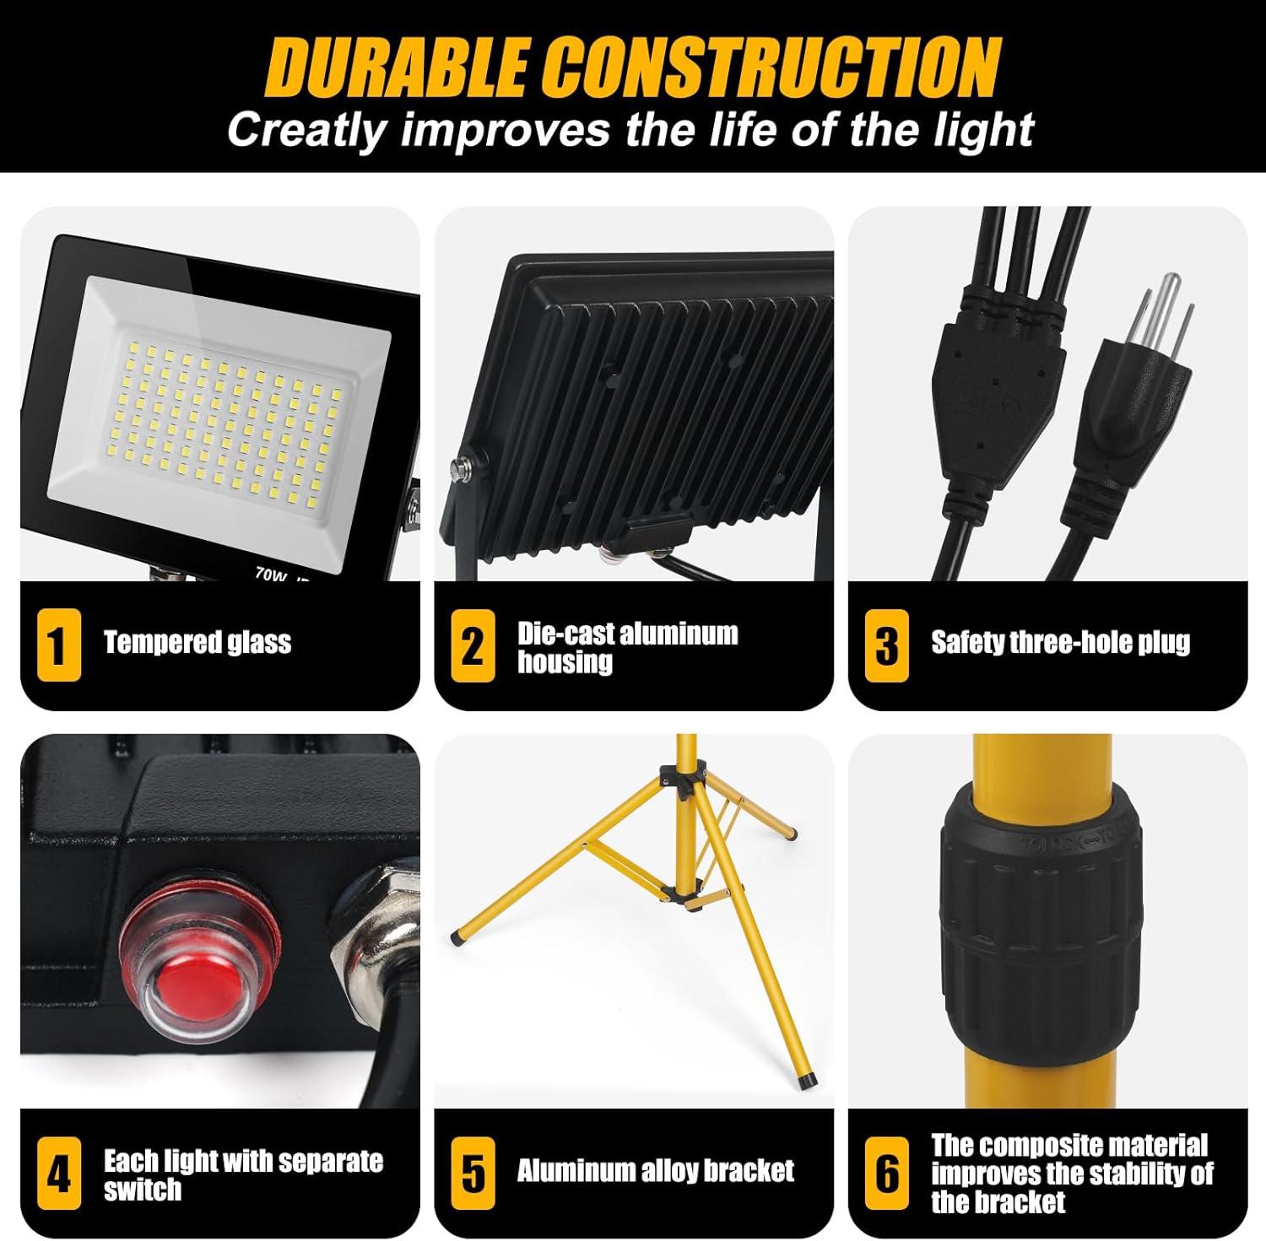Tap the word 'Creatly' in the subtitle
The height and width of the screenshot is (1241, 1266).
pyautogui.click(x=306, y=131)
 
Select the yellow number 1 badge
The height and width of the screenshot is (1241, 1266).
pyautogui.click(x=58, y=645)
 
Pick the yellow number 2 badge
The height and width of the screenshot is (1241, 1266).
pyautogui.click(x=473, y=645)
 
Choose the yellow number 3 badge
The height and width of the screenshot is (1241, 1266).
pyautogui.click(x=886, y=645)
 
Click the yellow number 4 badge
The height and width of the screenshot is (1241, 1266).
pyautogui.click(x=58, y=1174)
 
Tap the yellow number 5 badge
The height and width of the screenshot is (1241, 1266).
pyautogui.click(x=473, y=1174)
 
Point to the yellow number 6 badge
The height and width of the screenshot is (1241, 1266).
pyautogui.click(x=886, y=1174)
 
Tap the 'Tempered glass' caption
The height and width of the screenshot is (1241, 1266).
pyautogui.click(x=197, y=643)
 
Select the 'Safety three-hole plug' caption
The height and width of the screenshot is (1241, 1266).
pyautogui.click(x=1060, y=643)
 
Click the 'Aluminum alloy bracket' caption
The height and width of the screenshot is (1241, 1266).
pyautogui.click(x=655, y=1171)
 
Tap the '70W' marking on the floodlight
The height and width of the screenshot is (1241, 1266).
pyautogui.click(x=270, y=573)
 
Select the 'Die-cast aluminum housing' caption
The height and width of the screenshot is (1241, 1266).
pyautogui.click(x=627, y=647)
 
